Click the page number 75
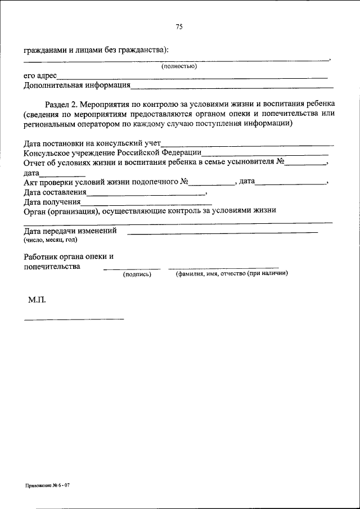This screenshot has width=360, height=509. point(179,26)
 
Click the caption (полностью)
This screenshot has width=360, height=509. point(178,66)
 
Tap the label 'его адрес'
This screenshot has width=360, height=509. point(40,76)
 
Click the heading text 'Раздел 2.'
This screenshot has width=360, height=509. point(61,104)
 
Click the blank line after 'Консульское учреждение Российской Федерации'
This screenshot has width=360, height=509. point(265,153)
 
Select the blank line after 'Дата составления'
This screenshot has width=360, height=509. point(146,193)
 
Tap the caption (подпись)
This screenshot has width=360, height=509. point(137,274)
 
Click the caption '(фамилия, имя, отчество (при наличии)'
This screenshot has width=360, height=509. point(231,274)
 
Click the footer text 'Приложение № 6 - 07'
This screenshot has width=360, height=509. point(47,484)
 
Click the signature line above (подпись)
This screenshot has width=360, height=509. point(132,268)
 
